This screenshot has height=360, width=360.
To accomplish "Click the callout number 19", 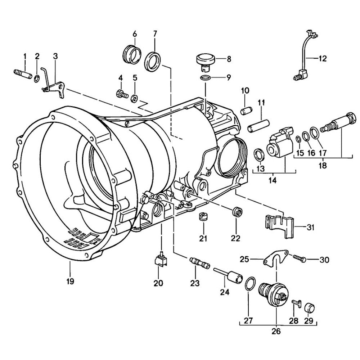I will click(x=70, y=281).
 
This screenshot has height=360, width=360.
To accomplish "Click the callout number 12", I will click(x=322, y=58).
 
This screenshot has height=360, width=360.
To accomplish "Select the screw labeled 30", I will click(x=300, y=258).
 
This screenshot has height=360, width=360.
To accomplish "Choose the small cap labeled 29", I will click(x=309, y=309).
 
